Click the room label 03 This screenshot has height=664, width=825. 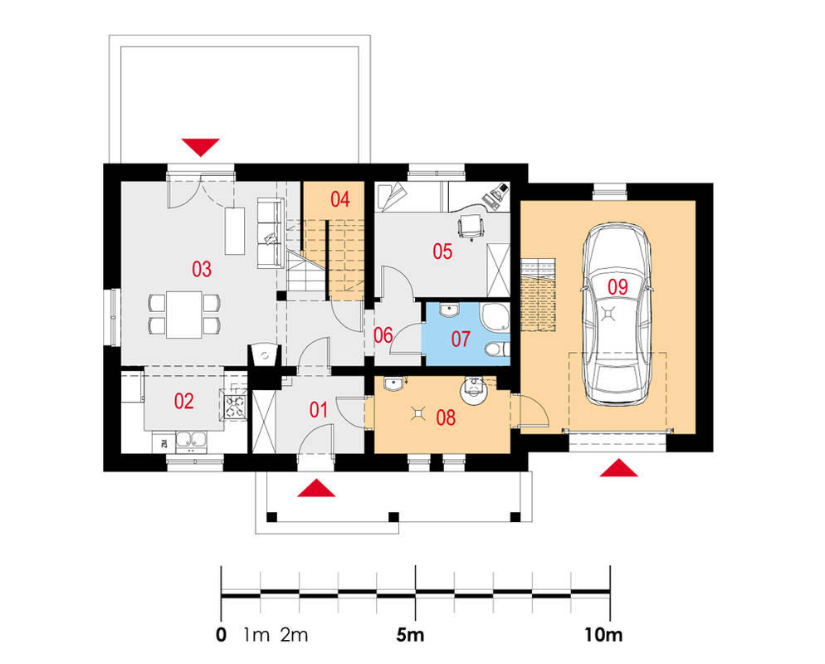pos(202,270)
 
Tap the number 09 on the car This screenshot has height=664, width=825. pos(618,287)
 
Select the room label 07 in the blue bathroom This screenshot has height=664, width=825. pos(461,339)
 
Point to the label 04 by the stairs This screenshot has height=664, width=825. pos(340,200)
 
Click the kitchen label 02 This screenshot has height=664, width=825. pos(183,402)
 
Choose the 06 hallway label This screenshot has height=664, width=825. pos(383,334)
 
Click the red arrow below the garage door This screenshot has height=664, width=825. pos(619,468)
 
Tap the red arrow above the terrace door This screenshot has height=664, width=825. pos(201,147)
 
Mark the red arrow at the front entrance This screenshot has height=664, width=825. pos(316,487)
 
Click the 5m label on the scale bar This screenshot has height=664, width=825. pos(410,635)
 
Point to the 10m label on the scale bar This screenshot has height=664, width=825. pos(603,635)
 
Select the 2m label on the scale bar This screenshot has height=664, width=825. pos(294,635)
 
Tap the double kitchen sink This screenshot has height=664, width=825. pos(190,442)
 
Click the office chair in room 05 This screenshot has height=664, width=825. pos(471,227)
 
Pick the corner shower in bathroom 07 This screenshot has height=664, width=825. pos(495,318)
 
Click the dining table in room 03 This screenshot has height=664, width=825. pos(184,315)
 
